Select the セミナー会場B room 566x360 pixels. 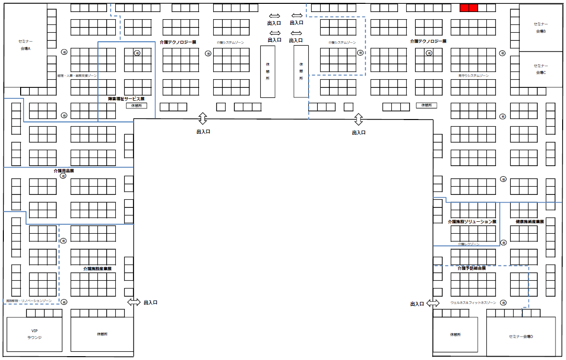(x=541, y=27)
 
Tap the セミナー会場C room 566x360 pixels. (x=541, y=69)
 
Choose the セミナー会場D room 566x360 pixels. (x=521, y=336)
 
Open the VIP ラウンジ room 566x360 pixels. (x=34, y=334)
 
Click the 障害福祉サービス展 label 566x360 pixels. (x=126, y=99)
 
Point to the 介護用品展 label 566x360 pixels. (x=63, y=171)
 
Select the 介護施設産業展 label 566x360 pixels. (x=97, y=269)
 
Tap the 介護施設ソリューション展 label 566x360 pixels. (x=471, y=222)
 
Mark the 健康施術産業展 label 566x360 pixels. (x=530, y=222)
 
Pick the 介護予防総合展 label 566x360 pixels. (x=471, y=268)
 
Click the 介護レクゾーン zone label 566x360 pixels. (x=469, y=244)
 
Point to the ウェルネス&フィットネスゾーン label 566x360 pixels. (x=473, y=303)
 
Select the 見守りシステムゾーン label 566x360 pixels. (x=473, y=76)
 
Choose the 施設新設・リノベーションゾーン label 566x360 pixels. (x=29, y=301)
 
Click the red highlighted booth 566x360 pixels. (x=469, y=8)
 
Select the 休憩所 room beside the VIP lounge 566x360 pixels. (x=101, y=334)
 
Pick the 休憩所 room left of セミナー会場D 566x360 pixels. (x=455, y=334)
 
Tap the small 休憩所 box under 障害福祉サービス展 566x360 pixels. (x=136, y=106)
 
